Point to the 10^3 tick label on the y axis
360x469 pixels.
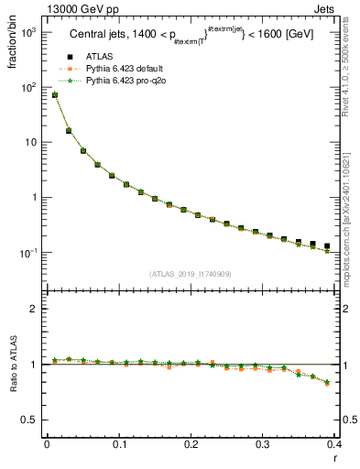point(27,32)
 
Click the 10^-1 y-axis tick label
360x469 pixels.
point(27,253)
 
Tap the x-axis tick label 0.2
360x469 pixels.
point(191,444)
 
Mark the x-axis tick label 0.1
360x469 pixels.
point(119,444)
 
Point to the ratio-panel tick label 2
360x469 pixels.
point(34,309)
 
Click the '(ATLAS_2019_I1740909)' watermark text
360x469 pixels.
point(190,274)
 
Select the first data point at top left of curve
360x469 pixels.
point(54,94)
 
